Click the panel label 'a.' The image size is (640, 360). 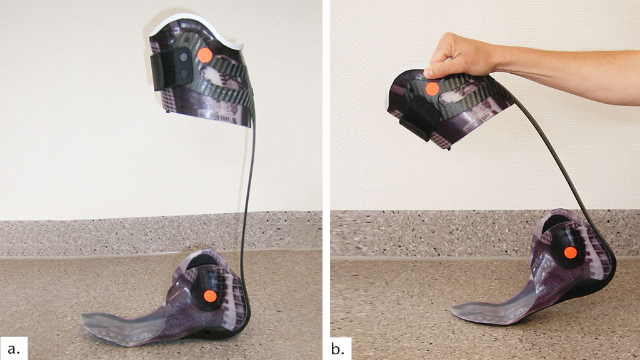(14, 349)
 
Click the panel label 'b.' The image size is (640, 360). (337, 349)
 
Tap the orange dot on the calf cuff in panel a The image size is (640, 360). (204, 55)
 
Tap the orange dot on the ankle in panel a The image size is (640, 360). (210, 296)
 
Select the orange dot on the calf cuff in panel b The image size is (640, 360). (432, 89)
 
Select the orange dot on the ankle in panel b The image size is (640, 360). (570, 252)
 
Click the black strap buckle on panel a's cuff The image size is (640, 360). (172, 69)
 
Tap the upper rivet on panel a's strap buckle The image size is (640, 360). (183, 57)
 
